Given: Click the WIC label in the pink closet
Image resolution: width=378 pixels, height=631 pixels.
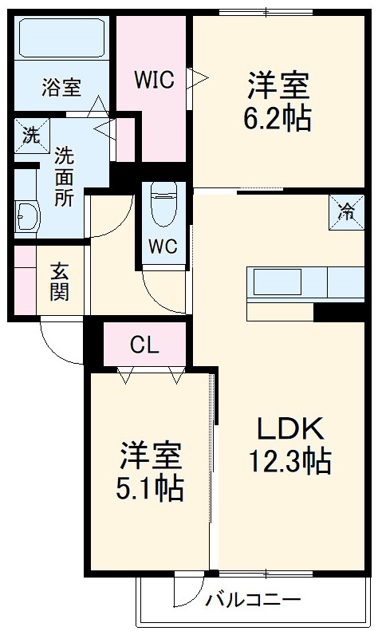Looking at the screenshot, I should pyautogui.click(x=154, y=81).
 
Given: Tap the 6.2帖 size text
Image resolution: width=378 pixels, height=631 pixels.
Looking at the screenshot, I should pyautogui.click(x=277, y=119).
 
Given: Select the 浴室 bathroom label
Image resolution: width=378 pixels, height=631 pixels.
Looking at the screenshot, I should pyautogui.click(x=61, y=87).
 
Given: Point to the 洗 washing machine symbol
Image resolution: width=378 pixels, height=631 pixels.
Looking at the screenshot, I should pyautogui.click(x=30, y=135).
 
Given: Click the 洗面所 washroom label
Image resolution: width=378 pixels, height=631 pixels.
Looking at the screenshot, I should pyautogui.click(x=64, y=176).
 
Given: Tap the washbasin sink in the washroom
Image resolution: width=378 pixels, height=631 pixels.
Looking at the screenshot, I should pyautogui.click(x=29, y=215).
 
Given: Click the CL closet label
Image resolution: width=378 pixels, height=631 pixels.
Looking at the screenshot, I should pyautogui.click(x=145, y=345).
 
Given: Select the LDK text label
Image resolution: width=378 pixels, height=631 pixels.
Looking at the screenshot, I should pyautogui.click(x=289, y=429).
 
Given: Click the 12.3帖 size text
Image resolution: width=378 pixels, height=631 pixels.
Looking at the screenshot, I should pyautogui.click(x=289, y=461).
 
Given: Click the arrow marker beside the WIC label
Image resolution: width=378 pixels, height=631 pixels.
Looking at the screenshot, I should pyautogui.click(x=196, y=78).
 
